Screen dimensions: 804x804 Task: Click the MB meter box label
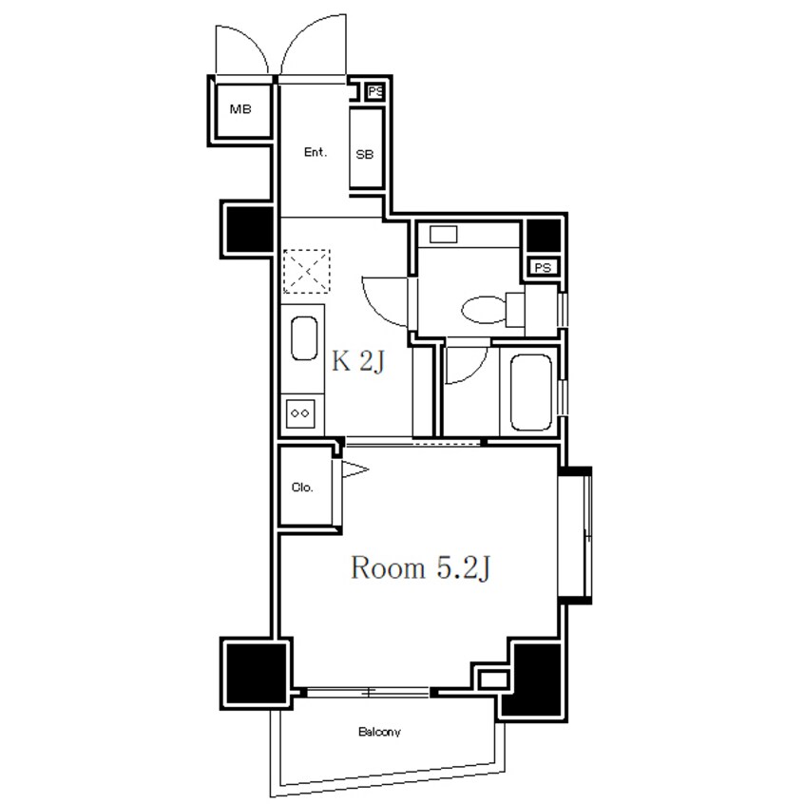[240, 109]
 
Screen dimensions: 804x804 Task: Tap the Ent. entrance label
[315, 152]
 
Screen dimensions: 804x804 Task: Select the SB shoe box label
[365, 154]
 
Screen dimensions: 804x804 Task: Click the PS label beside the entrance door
[375, 92]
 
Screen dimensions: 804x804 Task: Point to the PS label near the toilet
[543, 267]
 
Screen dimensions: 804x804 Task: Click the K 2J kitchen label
[358, 361]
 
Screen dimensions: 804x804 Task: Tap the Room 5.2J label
[420, 568]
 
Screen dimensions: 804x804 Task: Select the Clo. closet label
[302, 488]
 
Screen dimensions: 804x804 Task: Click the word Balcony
[379, 732]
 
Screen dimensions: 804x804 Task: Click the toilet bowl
[484, 310]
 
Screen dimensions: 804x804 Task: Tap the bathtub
[531, 392]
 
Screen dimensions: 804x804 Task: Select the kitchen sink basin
[304, 338]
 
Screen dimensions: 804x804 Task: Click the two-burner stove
[300, 413]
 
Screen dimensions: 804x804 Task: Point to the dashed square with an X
[307, 271]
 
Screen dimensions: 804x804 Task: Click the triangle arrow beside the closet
[354, 469]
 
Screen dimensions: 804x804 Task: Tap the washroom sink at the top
[444, 235]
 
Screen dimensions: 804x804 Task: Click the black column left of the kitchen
[250, 229]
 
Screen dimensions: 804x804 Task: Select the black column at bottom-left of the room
[256, 673]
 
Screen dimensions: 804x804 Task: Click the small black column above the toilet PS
[544, 237]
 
